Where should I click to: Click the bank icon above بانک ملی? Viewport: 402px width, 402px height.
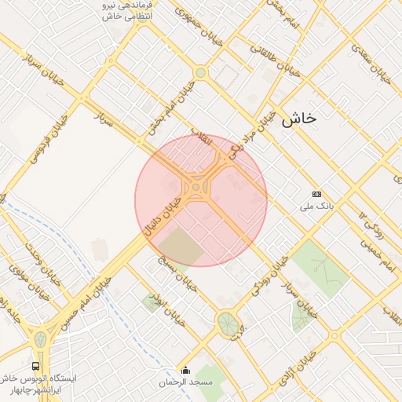click(x=316, y=194)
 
